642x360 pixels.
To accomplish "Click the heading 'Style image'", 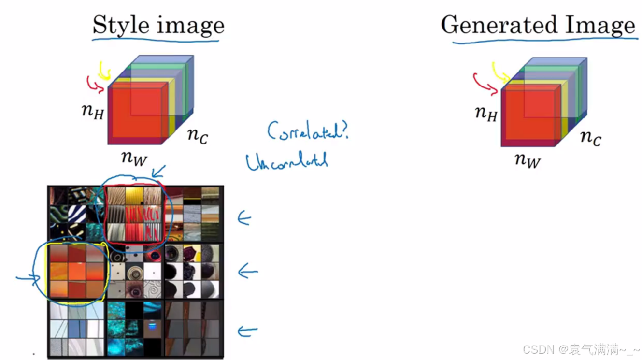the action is pos(158,25).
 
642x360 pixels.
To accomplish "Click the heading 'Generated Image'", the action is pos(538,25).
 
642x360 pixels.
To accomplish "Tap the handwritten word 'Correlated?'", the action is pos(308,131).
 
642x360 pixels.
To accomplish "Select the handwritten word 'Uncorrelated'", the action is pos(287,162).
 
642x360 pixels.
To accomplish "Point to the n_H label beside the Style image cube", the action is pos(93,112).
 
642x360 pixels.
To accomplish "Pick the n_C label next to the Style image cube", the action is pos(198,135).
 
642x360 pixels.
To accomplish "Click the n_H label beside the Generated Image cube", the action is pos(486,114).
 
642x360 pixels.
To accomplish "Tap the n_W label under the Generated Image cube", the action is pos(528,159).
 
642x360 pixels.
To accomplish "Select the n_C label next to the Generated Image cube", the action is pos(591,137).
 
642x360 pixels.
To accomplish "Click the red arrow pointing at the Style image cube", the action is pos(94,83).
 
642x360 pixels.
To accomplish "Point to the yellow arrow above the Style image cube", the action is pos(104,70).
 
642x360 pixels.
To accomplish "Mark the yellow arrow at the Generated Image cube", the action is pos(500,72).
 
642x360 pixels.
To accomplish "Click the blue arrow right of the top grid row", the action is pos(244,219).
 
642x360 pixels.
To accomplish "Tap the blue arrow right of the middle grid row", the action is pos(248,272).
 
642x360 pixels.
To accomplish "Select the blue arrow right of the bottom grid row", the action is pos(247,331).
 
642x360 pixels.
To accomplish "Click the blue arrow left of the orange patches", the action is pos(28,278).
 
